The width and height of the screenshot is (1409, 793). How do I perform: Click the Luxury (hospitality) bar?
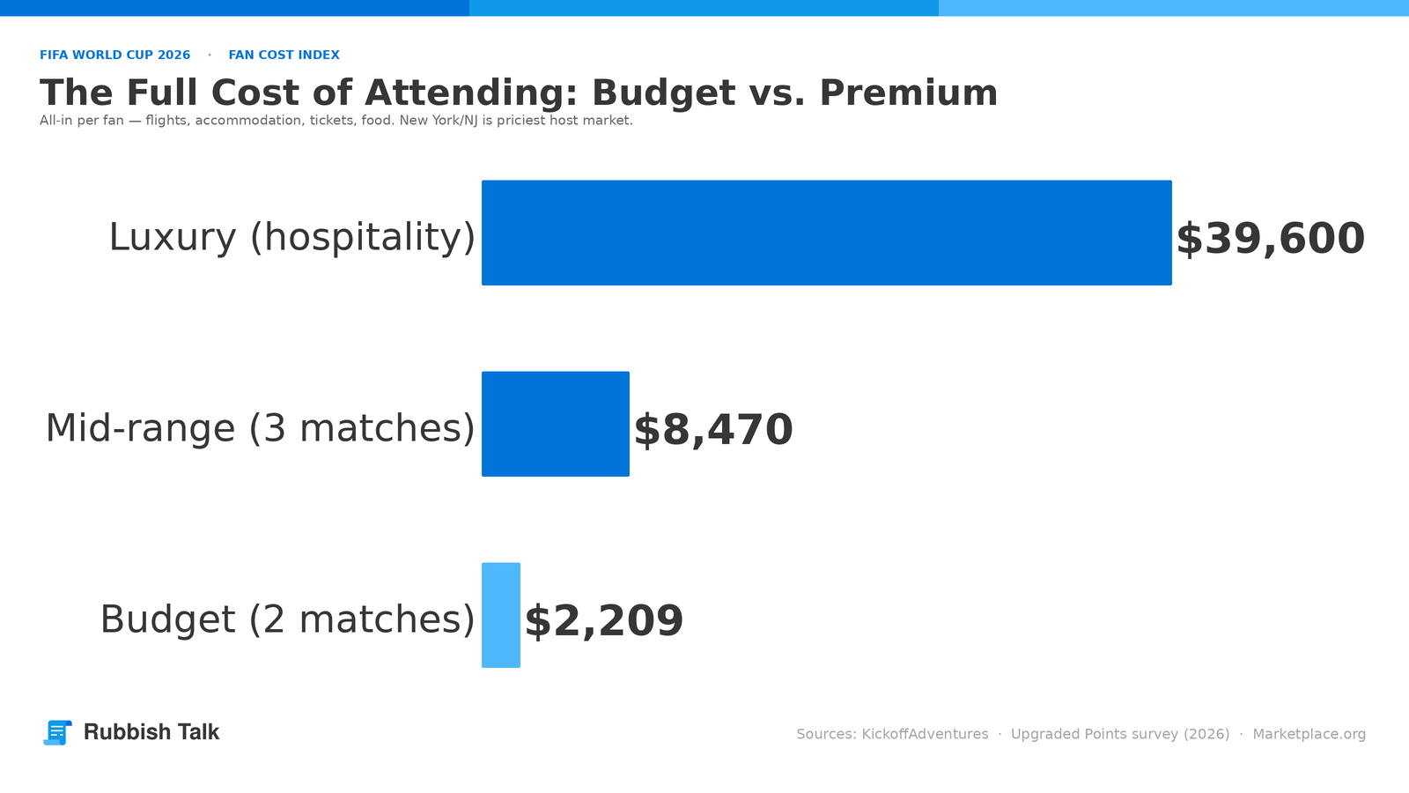click(827, 233)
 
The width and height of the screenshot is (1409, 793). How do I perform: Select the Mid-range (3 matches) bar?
click(556, 424)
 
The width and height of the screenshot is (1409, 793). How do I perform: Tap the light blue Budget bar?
click(501, 615)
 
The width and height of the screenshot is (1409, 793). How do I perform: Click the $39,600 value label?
click(1270, 239)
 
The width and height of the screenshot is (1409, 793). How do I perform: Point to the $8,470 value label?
click(713, 431)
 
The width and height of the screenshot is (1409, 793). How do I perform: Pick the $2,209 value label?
click(604, 621)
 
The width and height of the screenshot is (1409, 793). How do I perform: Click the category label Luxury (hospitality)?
click(291, 238)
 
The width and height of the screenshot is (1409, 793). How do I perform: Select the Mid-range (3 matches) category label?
click(261, 429)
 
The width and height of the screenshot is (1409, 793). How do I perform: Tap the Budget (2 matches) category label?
click(287, 620)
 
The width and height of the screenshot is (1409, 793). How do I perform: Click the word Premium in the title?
click(908, 93)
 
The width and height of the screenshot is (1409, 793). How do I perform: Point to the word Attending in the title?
click(471, 94)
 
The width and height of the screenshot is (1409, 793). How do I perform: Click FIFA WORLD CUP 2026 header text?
click(115, 55)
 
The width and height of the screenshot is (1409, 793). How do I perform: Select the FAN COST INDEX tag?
click(284, 55)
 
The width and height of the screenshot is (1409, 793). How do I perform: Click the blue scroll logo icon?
click(57, 732)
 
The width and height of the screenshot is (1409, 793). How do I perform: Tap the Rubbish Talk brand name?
click(151, 732)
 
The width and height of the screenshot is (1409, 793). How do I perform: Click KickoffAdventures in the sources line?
click(925, 735)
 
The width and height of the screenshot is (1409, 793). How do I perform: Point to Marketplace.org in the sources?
click(1309, 735)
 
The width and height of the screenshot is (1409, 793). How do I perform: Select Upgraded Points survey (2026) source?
click(1120, 735)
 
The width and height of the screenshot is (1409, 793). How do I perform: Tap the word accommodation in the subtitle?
click(247, 120)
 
